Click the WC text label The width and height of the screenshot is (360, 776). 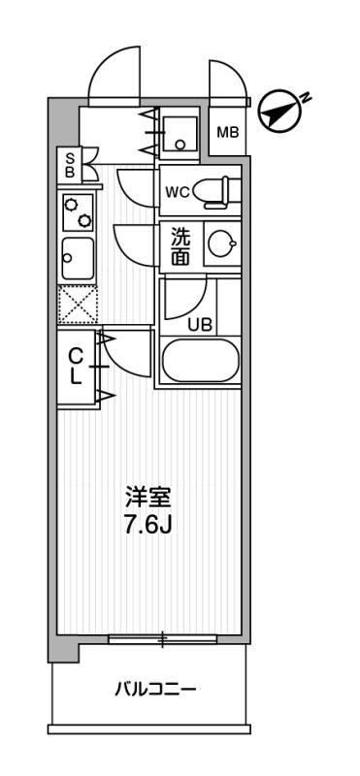click(177, 191)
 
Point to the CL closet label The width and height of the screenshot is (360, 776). click(75, 367)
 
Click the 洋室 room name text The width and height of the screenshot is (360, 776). click(147, 498)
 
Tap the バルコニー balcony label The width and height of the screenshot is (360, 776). click(155, 690)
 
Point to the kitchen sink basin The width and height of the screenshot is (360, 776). click(76, 258)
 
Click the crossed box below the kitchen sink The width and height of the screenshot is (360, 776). click(77, 307)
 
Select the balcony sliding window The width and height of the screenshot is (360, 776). click(162, 638)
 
